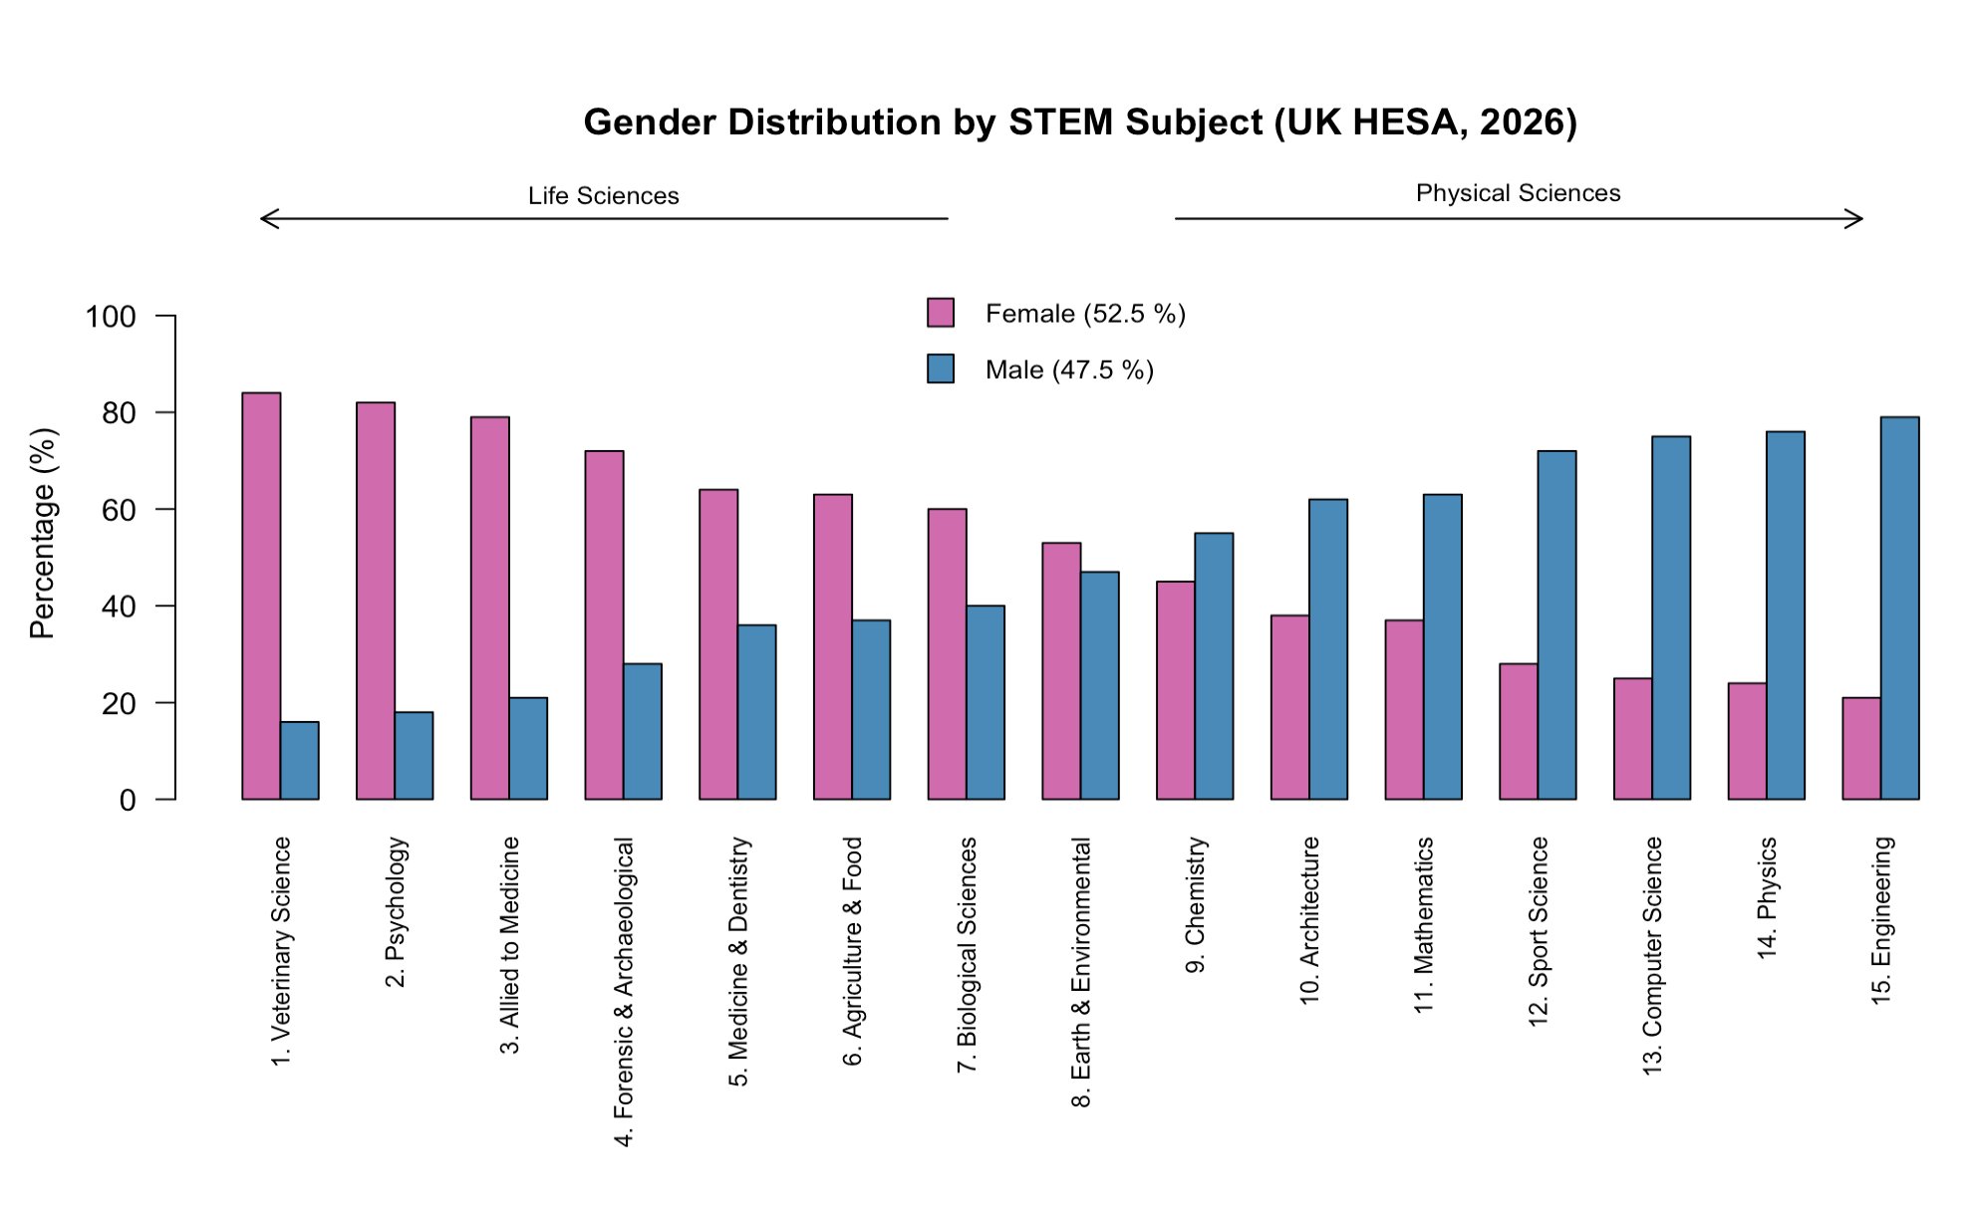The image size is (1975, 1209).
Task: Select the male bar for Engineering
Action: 1899,607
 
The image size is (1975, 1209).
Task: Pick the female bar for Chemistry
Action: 1175,690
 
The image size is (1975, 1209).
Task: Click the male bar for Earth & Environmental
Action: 1099,685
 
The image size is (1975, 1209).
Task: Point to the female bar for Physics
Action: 1747,741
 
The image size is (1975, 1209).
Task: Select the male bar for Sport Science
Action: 1556,624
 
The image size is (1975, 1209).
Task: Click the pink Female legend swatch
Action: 940,313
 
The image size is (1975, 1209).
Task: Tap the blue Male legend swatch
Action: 940,369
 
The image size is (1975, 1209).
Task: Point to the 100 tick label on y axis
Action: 111,317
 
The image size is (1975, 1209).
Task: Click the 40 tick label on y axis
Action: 119,606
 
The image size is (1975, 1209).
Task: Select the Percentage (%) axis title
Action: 43,533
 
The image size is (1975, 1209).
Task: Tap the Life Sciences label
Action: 603,196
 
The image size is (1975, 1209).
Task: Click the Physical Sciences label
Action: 1518,193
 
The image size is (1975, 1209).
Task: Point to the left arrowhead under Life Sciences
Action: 263,219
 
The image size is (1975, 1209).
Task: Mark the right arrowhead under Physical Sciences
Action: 1859,219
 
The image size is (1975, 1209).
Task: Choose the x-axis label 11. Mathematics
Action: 1424,924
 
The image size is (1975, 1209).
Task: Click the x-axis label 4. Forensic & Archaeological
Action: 624,992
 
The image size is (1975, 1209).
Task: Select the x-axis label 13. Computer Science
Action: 1652,955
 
